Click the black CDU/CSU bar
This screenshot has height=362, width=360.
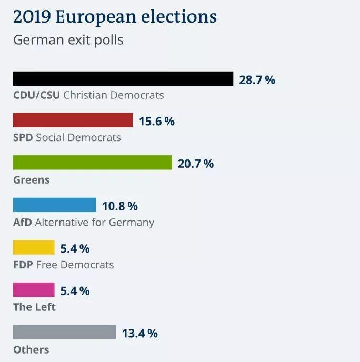click(x=123, y=79)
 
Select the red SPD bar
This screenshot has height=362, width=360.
click(x=73, y=120)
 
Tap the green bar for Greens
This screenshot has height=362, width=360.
click(x=92, y=163)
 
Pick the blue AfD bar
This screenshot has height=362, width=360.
click(x=54, y=205)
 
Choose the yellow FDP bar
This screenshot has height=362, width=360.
click(x=34, y=247)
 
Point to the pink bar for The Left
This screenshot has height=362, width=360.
click(x=34, y=290)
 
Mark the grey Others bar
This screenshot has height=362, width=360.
click(x=64, y=332)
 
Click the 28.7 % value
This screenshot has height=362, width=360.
click(x=257, y=80)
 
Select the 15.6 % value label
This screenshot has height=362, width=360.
click(x=156, y=122)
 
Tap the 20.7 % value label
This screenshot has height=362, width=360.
click(x=195, y=164)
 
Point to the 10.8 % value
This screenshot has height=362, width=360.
click(x=119, y=206)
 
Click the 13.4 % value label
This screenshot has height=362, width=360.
click(x=139, y=333)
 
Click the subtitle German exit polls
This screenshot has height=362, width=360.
click(x=68, y=40)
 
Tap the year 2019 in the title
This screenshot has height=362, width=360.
click(x=31, y=17)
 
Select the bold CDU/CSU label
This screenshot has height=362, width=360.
click(x=36, y=95)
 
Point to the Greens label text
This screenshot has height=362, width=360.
click(x=31, y=180)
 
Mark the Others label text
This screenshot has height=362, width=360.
click(x=31, y=349)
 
